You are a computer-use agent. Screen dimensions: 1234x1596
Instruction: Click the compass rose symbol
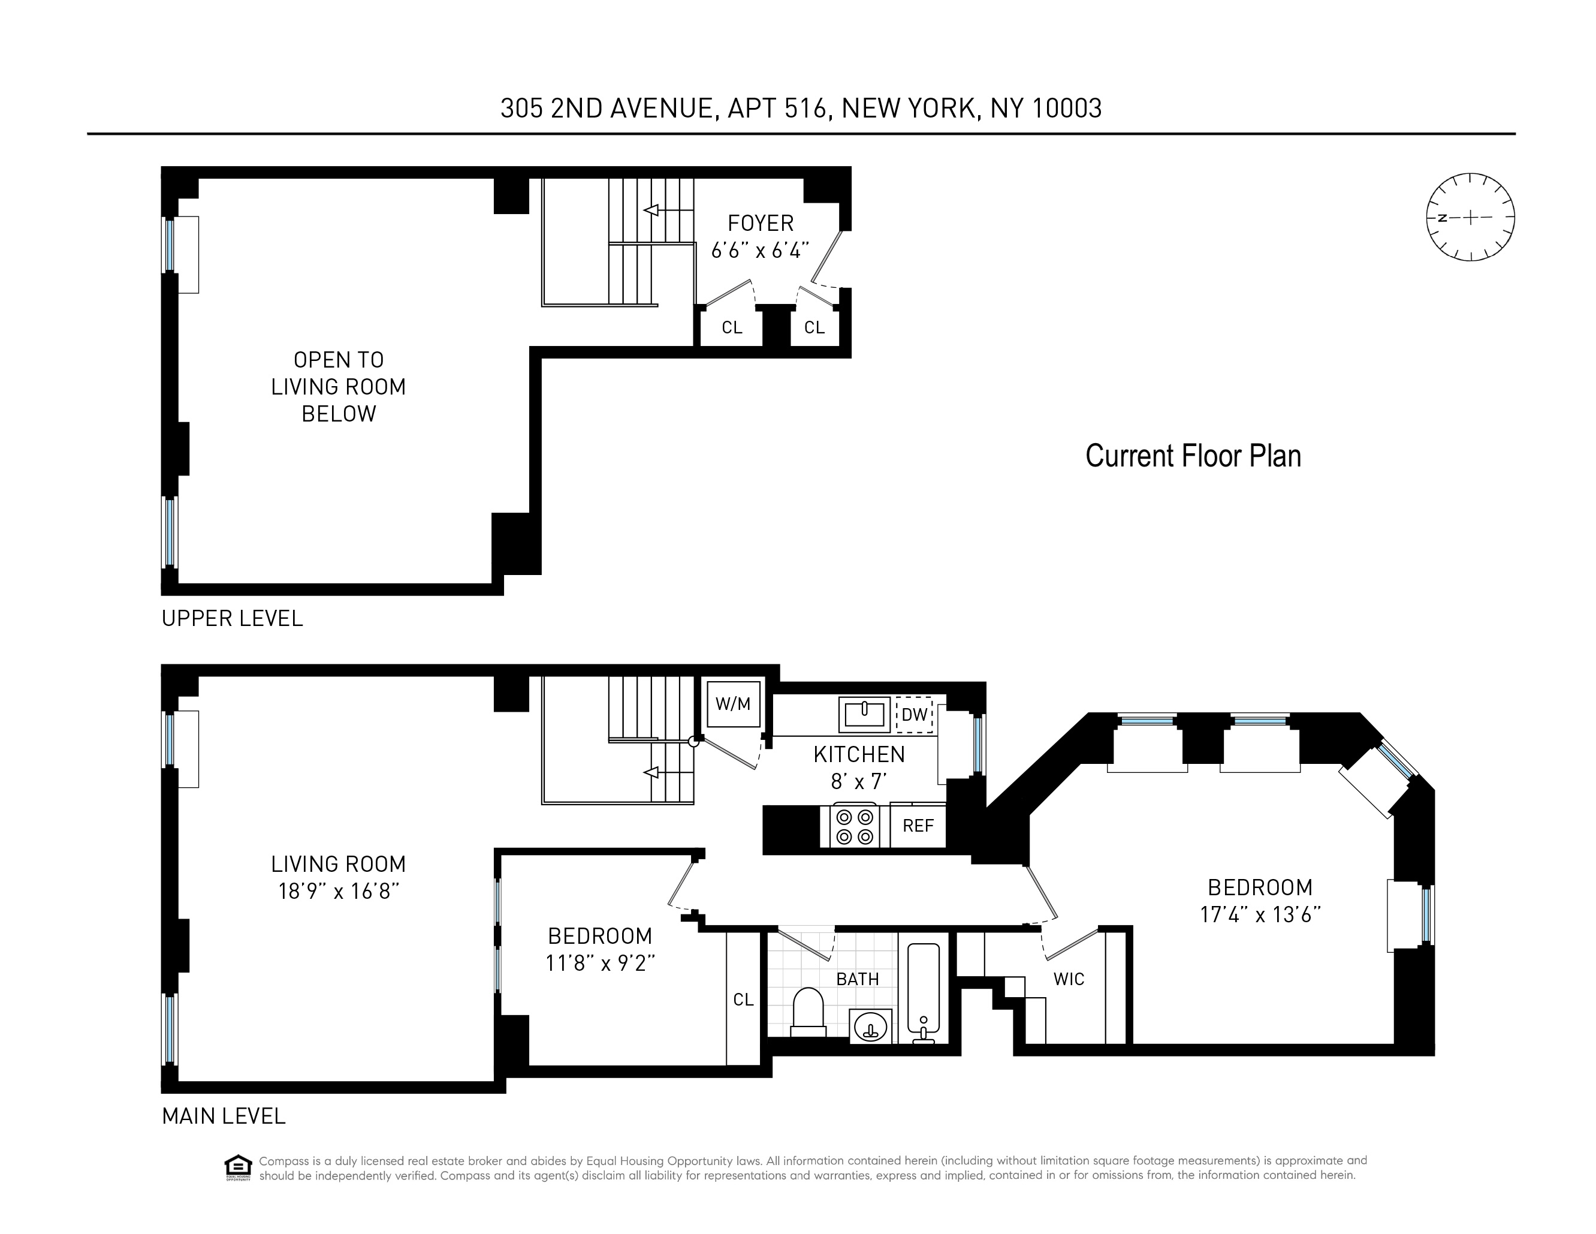(1470, 217)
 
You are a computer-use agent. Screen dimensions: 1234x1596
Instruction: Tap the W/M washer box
(733, 703)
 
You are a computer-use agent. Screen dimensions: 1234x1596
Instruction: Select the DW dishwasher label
(914, 714)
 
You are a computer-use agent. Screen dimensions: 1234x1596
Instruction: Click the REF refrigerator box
(918, 825)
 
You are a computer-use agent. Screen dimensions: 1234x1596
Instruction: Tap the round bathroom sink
(870, 1027)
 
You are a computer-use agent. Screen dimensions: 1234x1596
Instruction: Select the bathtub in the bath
(923, 991)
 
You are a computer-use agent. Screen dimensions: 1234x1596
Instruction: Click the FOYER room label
(760, 223)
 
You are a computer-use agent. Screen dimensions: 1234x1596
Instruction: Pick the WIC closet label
(1069, 979)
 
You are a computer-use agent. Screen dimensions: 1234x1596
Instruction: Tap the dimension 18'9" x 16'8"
(339, 891)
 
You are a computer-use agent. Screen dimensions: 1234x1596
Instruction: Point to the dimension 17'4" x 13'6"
(1260, 914)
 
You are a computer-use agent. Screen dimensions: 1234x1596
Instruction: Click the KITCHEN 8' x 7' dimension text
(859, 781)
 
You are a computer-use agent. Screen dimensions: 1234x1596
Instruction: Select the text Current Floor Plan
(1193, 456)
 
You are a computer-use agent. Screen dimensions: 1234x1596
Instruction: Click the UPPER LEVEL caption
(232, 618)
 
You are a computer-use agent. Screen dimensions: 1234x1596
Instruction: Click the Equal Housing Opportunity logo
(237, 1167)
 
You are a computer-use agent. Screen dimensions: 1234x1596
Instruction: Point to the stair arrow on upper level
(650, 210)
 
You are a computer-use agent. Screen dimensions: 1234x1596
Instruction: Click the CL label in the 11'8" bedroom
(743, 1000)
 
